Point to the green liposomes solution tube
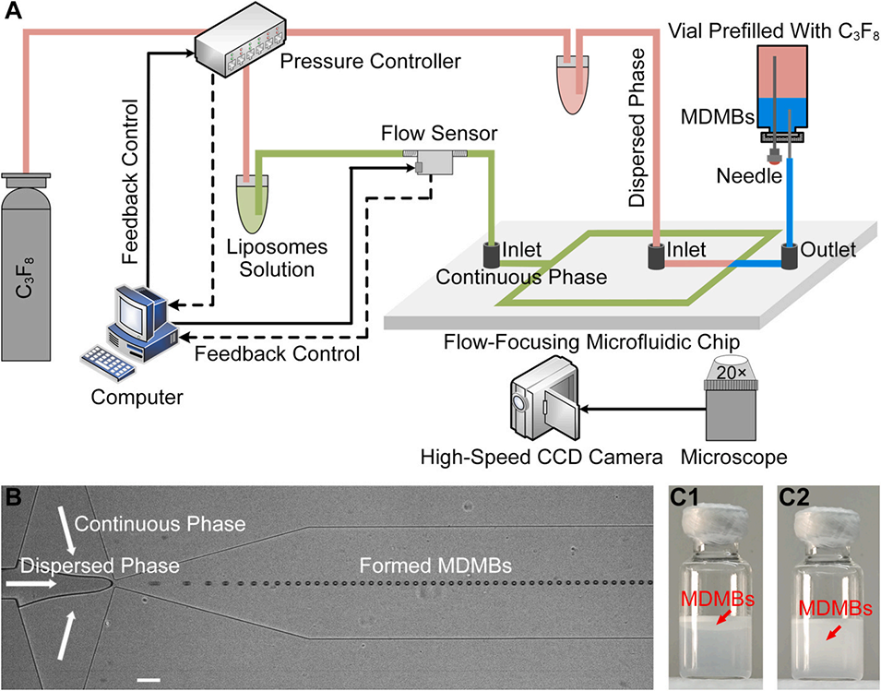click(x=250, y=206)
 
